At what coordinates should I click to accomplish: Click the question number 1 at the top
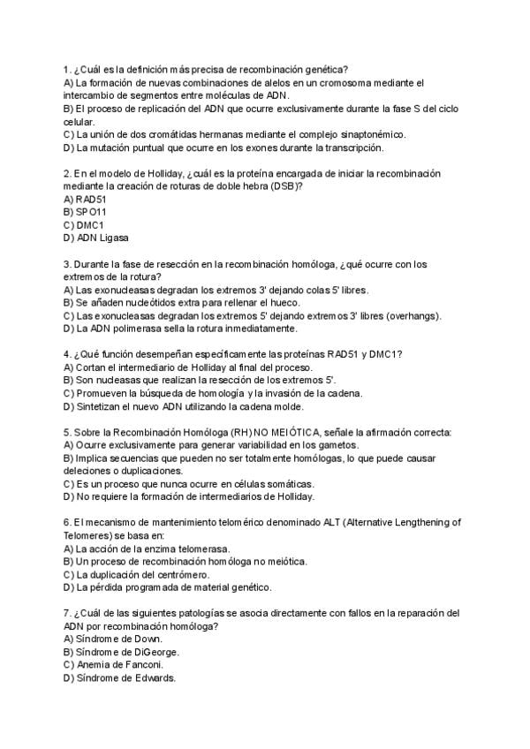click(67, 69)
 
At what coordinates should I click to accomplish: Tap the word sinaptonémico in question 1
click(367, 134)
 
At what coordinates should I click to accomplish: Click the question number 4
click(67, 354)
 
